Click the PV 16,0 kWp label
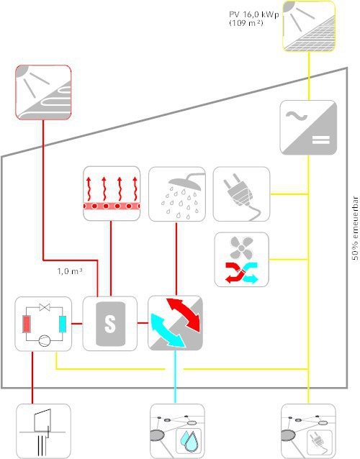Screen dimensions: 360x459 (x=253, y=14)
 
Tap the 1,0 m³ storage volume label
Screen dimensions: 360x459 (x=69, y=271)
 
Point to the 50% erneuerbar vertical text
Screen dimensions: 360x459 (x=355, y=228)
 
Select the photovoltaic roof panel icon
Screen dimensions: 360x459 (x=309, y=27)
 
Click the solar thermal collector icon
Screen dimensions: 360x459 (x=43, y=93)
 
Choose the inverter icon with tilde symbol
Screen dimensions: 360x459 (x=308, y=127)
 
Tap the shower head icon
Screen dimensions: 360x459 (x=177, y=194)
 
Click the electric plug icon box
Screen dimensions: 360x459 (x=241, y=194)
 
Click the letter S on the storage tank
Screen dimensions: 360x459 (x=110, y=324)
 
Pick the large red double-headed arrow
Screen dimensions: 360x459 (x=184, y=314)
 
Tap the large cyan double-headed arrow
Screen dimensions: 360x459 (x=168, y=331)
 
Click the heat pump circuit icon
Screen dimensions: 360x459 (x=43, y=324)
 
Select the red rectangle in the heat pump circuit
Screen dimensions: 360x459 (x=27, y=324)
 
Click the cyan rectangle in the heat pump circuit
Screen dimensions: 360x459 (x=63, y=324)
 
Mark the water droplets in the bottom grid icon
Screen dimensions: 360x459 (x=189, y=440)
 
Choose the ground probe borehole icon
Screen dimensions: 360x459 (x=43, y=431)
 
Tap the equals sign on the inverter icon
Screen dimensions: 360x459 (x=321, y=140)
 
